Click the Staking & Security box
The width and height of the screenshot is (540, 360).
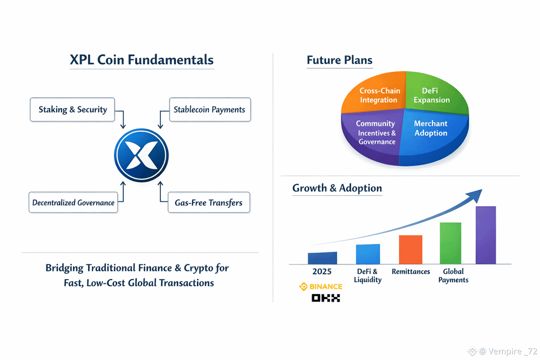pos(73,110)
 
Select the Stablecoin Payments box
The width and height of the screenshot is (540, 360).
pos(210,110)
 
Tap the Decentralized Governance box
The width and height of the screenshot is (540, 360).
pos(73,202)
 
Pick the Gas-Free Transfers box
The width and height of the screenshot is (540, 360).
pos(208,203)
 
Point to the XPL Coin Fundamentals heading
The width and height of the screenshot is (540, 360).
pos(141,60)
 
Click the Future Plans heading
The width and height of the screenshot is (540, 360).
pos(339,60)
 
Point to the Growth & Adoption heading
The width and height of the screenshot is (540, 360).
pos(337,188)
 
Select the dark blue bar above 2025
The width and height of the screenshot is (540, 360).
pos(322,258)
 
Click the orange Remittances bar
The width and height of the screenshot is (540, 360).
pos(410,249)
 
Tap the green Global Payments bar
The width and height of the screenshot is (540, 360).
pos(450,243)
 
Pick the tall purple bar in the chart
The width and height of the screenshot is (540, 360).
pos(485,235)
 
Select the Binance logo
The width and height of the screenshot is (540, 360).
pos(321,287)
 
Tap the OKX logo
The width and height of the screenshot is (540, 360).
pos(326,298)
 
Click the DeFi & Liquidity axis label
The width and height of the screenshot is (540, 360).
pos(367,275)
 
